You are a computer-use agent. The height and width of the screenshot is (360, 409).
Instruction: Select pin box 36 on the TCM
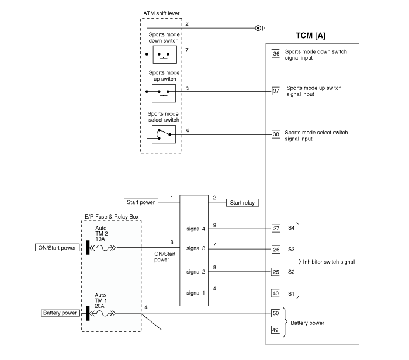[276, 54]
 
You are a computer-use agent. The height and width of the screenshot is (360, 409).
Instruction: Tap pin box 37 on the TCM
[276, 91]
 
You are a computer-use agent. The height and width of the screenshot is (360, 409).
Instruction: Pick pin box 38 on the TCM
[276, 134]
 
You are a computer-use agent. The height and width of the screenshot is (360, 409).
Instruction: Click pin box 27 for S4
[276, 229]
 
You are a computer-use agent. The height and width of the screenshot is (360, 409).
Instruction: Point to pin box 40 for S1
[276, 293]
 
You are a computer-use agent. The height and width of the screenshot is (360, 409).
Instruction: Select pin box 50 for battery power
[276, 314]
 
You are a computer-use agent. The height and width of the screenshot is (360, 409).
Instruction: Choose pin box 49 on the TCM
[276, 331]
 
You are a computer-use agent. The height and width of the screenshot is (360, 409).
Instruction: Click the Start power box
[140, 203]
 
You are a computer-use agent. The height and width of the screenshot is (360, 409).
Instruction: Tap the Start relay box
[243, 203]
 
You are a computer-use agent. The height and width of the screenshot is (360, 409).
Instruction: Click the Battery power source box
[60, 313]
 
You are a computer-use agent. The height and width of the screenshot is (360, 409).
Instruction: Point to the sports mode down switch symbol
[164, 54]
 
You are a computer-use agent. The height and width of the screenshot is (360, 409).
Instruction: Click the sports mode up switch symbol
[164, 92]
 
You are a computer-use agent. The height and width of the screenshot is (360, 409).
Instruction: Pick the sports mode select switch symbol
[164, 134]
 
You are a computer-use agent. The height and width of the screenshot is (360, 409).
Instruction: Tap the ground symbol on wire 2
[258, 27]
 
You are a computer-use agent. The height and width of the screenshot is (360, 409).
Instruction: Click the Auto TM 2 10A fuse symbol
[104, 247]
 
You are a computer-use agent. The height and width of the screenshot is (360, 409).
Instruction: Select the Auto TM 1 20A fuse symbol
[104, 313]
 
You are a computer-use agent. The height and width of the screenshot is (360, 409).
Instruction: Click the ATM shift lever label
[161, 13]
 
